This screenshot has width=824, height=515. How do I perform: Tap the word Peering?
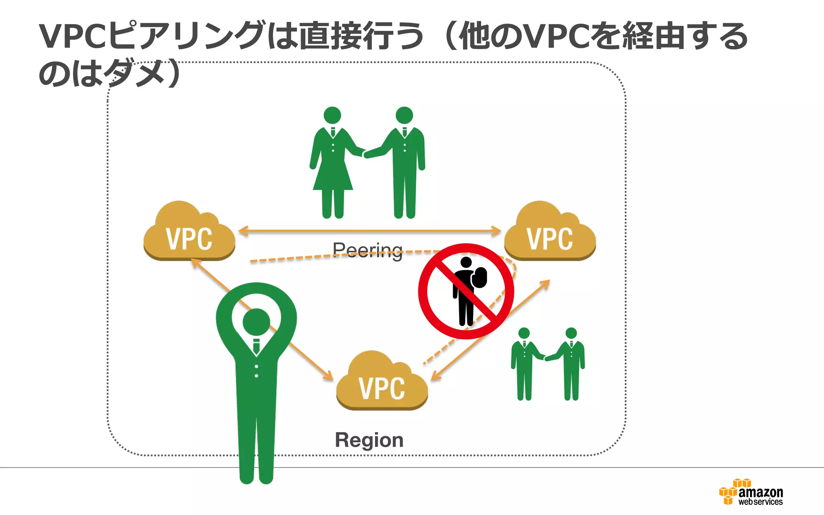click(367, 250)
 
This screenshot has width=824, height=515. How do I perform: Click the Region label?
click(369, 440)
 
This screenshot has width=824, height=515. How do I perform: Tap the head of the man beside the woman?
click(404, 115)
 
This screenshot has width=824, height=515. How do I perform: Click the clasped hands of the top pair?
click(365, 154)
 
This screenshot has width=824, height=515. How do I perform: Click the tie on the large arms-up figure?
click(256, 346)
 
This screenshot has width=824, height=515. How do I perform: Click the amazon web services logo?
click(751, 492)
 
